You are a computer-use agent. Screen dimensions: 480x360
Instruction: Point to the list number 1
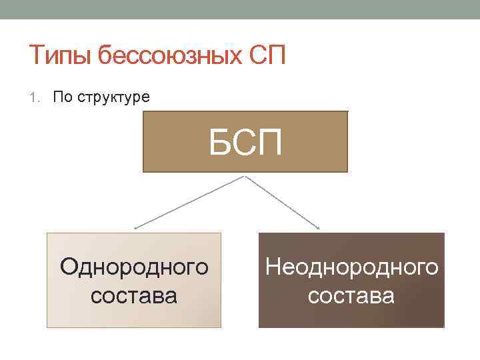(34, 97)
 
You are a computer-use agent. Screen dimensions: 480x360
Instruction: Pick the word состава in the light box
(134, 294)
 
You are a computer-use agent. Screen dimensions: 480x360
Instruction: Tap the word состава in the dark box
(351, 294)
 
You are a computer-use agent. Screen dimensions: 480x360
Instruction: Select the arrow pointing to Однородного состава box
(190, 202)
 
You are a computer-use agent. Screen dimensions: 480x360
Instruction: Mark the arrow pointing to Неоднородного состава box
(283, 202)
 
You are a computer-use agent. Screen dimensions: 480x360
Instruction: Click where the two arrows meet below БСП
(245, 175)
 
